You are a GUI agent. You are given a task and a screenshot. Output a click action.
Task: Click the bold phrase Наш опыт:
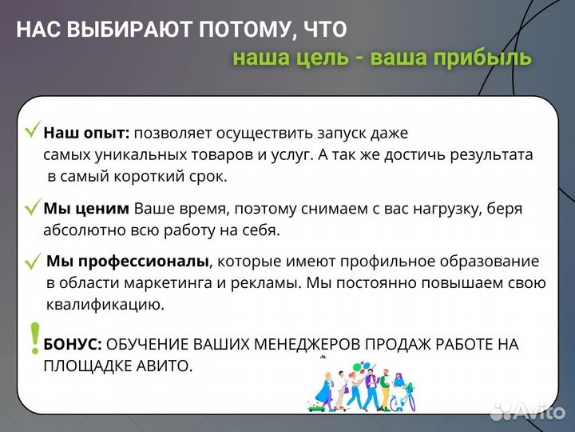pyautogui.click(x=86, y=133)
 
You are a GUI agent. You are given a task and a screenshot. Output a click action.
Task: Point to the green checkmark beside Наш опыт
pyautogui.click(x=33, y=130)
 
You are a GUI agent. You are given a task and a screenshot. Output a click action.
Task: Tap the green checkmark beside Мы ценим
pyautogui.click(x=33, y=208)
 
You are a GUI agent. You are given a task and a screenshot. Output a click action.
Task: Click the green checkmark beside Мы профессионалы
pyautogui.click(x=33, y=262)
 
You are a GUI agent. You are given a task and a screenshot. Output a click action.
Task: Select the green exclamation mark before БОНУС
pyautogui.click(x=34, y=338)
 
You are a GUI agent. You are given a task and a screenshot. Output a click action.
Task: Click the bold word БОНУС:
pyautogui.click(x=72, y=344)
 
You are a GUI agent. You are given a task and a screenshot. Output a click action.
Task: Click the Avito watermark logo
pyautogui.click(x=527, y=410)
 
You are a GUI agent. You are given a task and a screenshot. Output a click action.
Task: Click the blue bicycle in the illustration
pyautogui.click(x=403, y=398)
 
